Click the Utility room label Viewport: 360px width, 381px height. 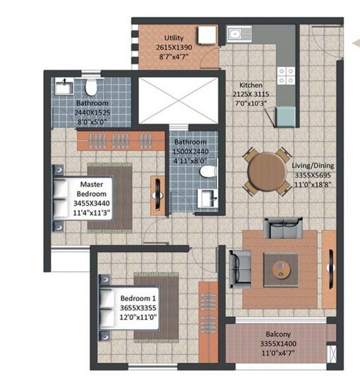pyautogui.click(x=174, y=38)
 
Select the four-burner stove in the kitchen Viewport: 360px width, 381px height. pyautogui.click(x=286, y=76)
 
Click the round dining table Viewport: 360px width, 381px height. pyautogui.click(x=267, y=172)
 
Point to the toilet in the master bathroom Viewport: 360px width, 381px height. pyautogui.click(x=91, y=87)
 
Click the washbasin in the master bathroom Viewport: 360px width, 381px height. pyautogui.click(x=64, y=86)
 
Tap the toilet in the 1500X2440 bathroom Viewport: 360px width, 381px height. pyautogui.click(x=208, y=172)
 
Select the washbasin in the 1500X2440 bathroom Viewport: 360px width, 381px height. pyautogui.click(x=207, y=198)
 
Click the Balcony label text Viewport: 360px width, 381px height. pyautogui.click(x=278, y=334)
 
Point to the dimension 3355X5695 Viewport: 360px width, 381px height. pyautogui.click(x=313, y=175)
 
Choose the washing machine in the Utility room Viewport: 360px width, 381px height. pyautogui.click(x=207, y=35)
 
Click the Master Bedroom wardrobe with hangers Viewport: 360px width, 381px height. pyautogui.click(x=121, y=141)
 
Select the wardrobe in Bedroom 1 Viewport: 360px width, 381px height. pyautogui.click(x=208, y=322)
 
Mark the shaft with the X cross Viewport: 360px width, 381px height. pyautogui.click(x=178, y=100)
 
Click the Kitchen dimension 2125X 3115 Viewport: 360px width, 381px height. pyautogui.click(x=251, y=94)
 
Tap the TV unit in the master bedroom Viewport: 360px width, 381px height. pyautogui.click(x=158, y=195)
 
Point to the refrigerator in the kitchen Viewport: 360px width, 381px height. pyautogui.click(x=286, y=116)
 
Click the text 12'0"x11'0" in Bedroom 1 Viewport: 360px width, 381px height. pyautogui.click(x=138, y=317)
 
